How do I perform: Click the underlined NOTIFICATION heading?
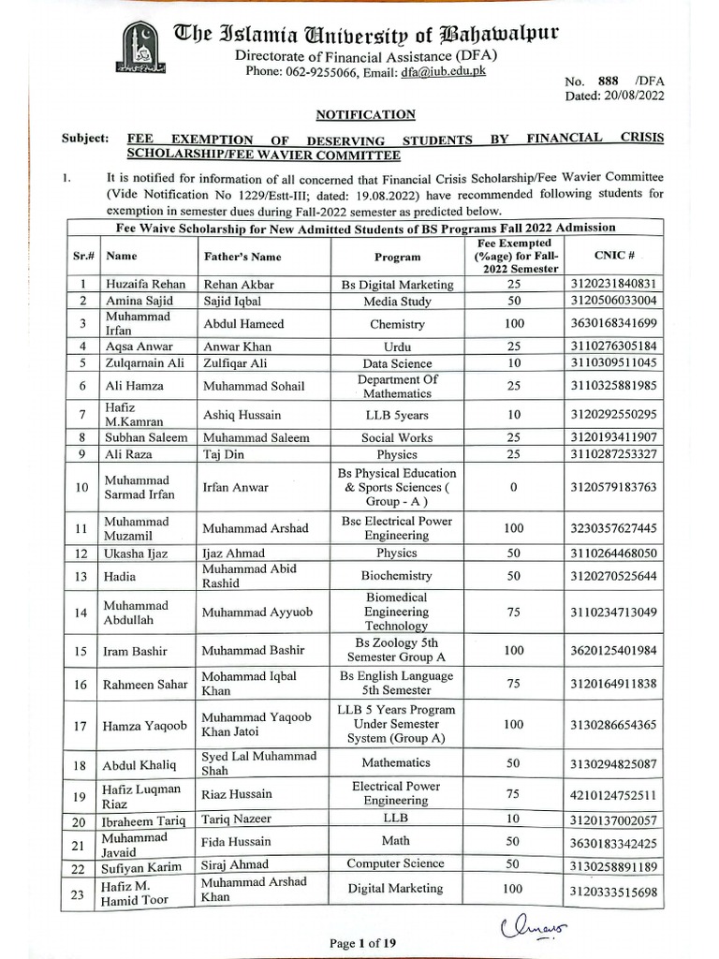[x=365, y=114]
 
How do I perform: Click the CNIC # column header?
[x=614, y=255]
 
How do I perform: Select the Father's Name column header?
[x=242, y=256]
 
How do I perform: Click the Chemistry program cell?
[x=397, y=324]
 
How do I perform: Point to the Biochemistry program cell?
[x=397, y=576]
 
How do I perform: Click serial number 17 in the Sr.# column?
[x=83, y=725]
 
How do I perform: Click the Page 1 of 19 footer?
[x=363, y=943]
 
